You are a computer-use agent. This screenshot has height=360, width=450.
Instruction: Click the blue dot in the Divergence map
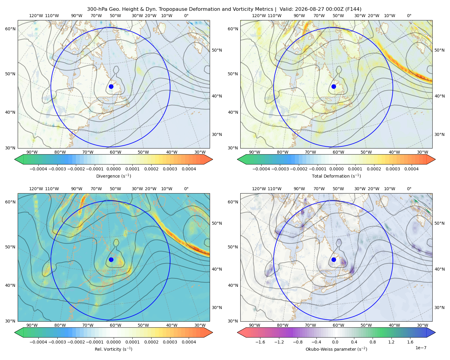111,86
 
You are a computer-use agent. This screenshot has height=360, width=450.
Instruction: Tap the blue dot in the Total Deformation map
334,86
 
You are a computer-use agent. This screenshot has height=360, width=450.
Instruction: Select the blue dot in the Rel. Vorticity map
111,259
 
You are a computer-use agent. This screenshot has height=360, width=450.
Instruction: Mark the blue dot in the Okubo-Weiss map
334,259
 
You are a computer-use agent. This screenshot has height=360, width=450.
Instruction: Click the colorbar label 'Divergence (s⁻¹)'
113,176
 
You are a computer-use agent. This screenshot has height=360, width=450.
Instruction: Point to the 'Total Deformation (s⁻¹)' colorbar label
336,176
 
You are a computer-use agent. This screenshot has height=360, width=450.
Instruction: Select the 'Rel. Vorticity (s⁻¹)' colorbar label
113,349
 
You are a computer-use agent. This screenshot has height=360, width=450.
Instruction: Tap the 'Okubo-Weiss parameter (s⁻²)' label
336,349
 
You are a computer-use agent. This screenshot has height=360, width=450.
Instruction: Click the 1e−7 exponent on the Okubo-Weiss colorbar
421,348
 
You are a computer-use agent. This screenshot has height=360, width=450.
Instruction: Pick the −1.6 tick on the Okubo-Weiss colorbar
260,342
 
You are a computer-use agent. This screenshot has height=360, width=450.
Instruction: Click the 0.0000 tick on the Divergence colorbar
113,169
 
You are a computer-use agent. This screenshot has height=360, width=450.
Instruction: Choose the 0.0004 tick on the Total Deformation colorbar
411,169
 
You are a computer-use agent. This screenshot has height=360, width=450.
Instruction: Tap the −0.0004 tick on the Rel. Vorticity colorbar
38,342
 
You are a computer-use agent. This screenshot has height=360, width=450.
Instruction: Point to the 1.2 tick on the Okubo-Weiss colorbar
391,342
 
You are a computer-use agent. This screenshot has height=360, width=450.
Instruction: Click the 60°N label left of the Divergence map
10,29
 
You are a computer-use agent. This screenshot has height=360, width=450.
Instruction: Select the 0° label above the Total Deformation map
409,16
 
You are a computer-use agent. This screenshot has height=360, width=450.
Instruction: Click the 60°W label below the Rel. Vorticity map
115,325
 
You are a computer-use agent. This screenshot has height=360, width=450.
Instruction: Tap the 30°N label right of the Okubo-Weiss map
439,307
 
